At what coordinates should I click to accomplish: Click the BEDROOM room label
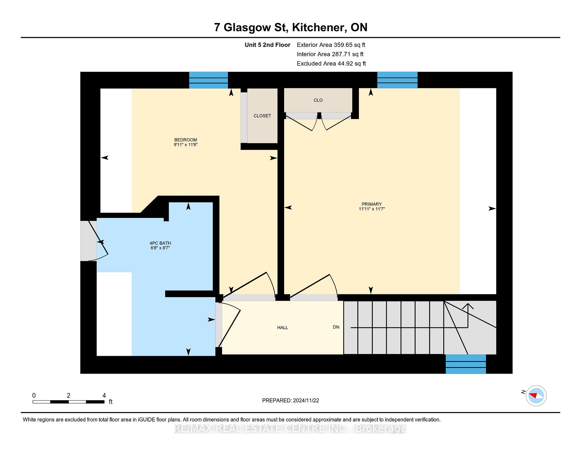[185, 140]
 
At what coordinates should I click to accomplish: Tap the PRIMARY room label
[372, 204]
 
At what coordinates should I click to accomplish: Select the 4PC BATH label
[160, 243]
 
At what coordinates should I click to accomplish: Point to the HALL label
[283, 327]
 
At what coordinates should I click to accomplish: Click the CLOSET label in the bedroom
[262, 116]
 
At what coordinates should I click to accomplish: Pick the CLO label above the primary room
[318, 100]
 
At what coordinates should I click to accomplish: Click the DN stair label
[336, 327]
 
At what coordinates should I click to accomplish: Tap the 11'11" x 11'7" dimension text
[372, 209]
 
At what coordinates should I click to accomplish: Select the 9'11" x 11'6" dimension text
[185, 145]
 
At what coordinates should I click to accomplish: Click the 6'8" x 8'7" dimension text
[160, 248]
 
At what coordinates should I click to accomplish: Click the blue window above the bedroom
[208, 80]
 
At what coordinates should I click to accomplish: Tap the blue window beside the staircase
[466, 364]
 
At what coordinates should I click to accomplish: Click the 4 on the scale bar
[104, 395]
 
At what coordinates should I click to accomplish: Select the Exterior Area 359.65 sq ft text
[331, 45]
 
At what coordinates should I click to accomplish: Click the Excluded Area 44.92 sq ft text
[331, 64]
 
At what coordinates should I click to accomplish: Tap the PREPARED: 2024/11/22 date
[290, 400]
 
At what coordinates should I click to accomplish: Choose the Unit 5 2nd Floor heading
[268, 45]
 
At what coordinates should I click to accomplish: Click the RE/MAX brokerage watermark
[290, 428]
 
